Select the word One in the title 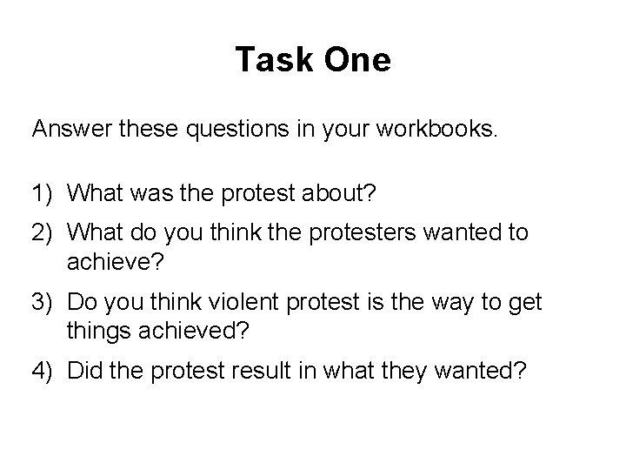pyautogui.click(x=356, y=61)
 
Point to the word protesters pyautogui.click(x=396, y=234)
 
